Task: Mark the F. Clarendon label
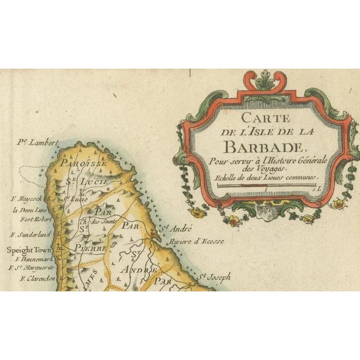click(x=37, y=278)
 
